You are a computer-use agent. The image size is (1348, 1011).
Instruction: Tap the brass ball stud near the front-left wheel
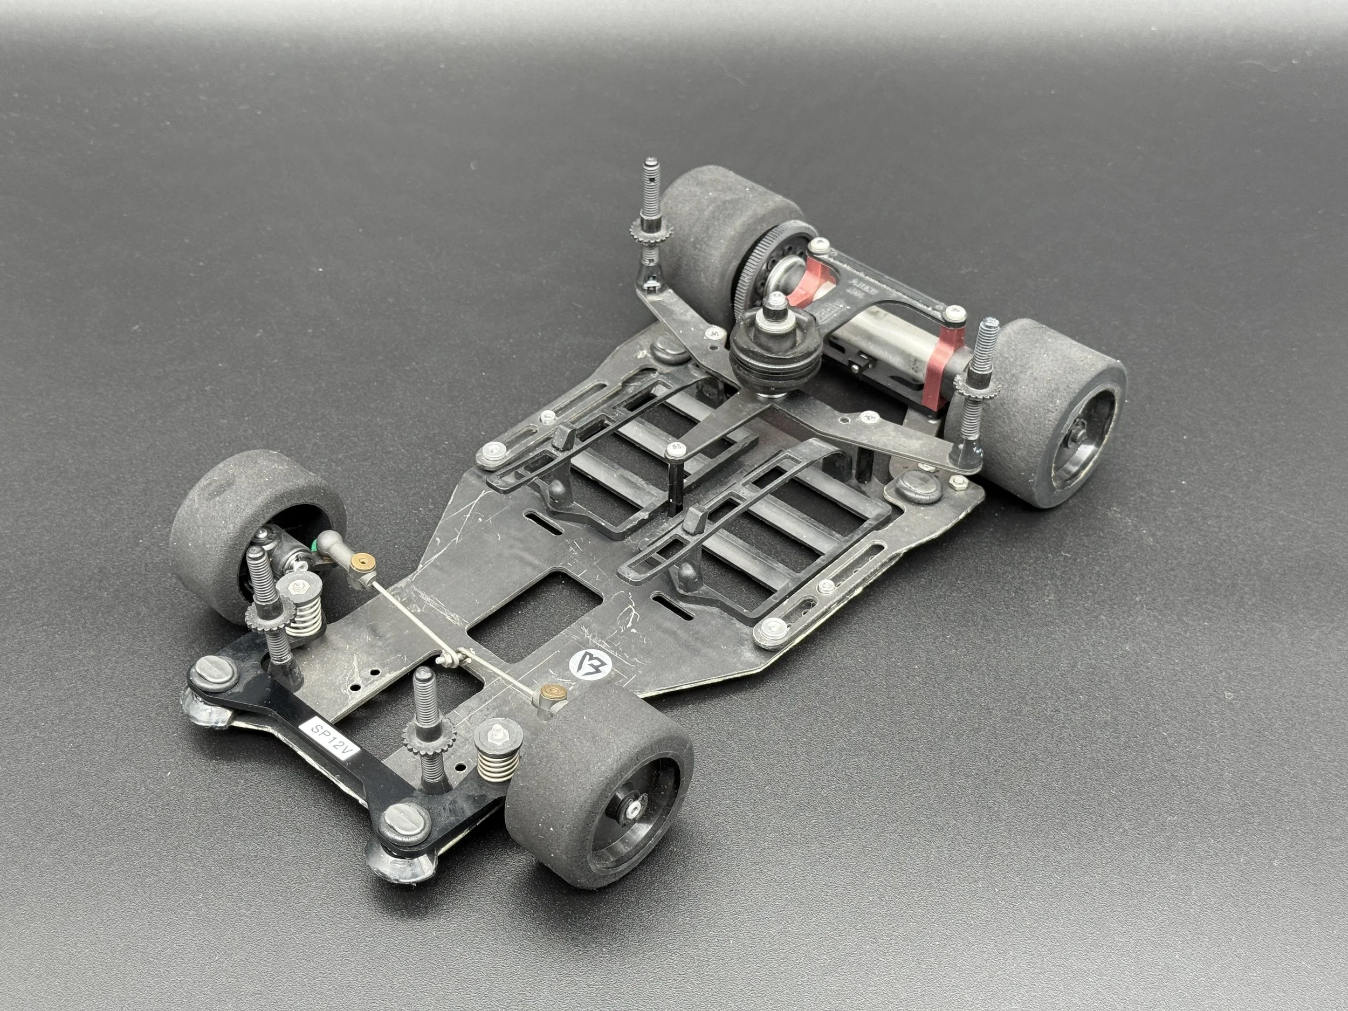[x=365, y=560]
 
